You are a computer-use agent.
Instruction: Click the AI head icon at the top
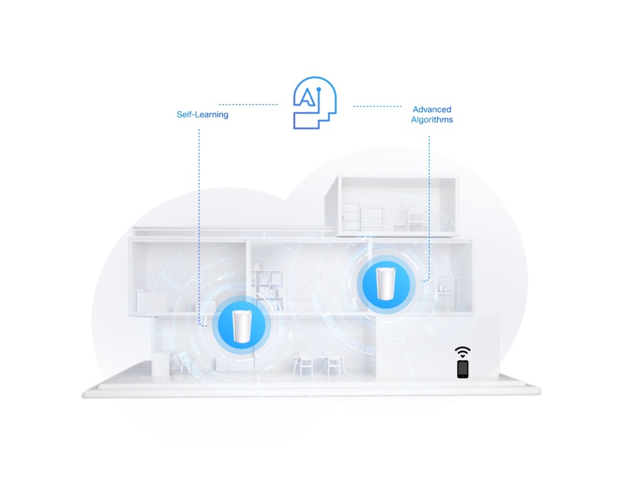[x=315, y=104]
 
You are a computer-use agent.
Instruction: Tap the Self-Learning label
[x=202, y=115]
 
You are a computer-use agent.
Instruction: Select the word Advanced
[x=431, y=109]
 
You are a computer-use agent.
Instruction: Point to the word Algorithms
[x=431, y=119]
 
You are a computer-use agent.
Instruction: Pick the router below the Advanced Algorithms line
[x=386, y=284]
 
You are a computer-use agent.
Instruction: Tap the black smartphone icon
[x=463, y=368]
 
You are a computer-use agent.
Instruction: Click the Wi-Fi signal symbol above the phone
[x=463, y=351]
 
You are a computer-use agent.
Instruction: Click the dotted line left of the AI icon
[x=248, y=104]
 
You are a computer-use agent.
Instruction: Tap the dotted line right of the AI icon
[x=377, y=106]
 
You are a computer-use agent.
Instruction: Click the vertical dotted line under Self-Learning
[x=199, y=220]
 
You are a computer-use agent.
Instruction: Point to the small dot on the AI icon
[x=318, y=89]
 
